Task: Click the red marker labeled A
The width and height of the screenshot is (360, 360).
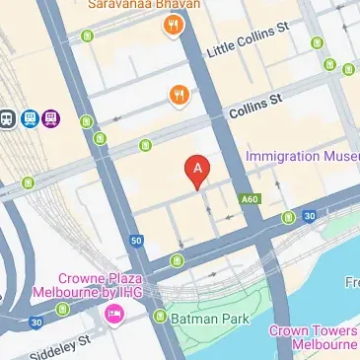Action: [199, 172]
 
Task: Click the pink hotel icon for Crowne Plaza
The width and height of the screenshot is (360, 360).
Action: [113, 315]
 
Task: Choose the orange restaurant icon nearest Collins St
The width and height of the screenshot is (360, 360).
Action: [179, 95]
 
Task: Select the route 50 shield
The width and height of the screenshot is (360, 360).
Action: [135, 240]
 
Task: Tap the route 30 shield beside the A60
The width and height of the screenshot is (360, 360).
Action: [309, 216]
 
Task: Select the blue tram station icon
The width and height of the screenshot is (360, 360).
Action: [30, 118]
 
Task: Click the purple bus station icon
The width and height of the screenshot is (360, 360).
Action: [51, 118]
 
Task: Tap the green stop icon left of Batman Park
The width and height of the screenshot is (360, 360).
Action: [160, 317]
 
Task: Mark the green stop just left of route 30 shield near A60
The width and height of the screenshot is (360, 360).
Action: [288, 217]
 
